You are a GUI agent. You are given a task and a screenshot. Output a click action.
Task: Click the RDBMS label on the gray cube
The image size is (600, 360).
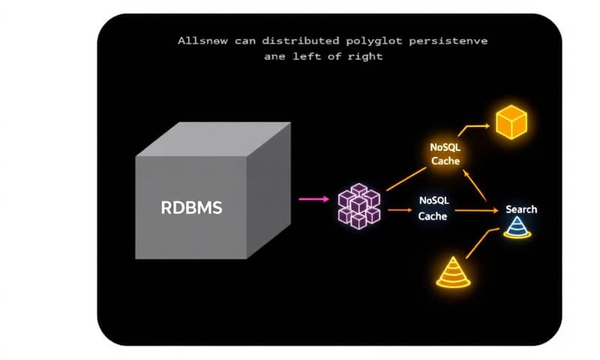[192, 208]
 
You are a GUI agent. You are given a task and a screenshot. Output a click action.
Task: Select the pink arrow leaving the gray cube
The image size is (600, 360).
[313, 199]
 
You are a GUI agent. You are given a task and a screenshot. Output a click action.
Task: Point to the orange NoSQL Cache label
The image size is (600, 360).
[445, 154]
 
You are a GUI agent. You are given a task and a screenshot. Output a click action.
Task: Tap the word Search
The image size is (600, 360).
[521, 209]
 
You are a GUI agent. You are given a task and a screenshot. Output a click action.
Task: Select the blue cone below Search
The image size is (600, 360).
[517, 228]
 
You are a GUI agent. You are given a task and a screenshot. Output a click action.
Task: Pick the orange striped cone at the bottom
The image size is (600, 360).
[453, 273]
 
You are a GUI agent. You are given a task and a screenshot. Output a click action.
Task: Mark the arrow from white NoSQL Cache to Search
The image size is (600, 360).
[476, 211]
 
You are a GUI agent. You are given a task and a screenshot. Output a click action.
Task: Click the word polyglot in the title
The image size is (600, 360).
[368, 41]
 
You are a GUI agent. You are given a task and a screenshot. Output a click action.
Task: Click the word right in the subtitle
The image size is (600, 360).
[366, 57]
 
